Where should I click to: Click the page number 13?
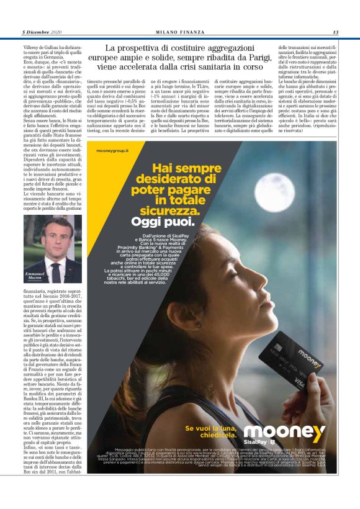(335, 32)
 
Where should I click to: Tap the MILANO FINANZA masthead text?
(179, 32)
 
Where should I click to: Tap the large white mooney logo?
(284, 433)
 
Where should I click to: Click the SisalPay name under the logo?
(263, 448)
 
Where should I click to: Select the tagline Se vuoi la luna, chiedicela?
(211, 431)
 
